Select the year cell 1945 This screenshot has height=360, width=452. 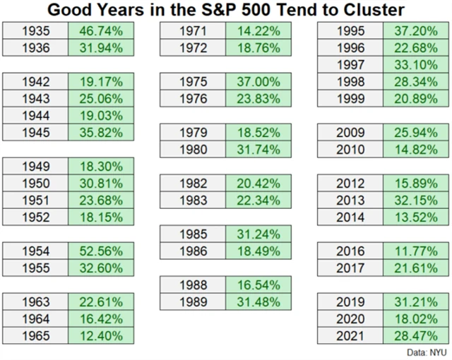click(36, 132)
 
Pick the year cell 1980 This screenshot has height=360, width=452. click(193, 149)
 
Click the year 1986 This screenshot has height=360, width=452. click(193, 251)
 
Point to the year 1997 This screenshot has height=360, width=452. click(350, 64)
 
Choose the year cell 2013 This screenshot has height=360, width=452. click(350, 200)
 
